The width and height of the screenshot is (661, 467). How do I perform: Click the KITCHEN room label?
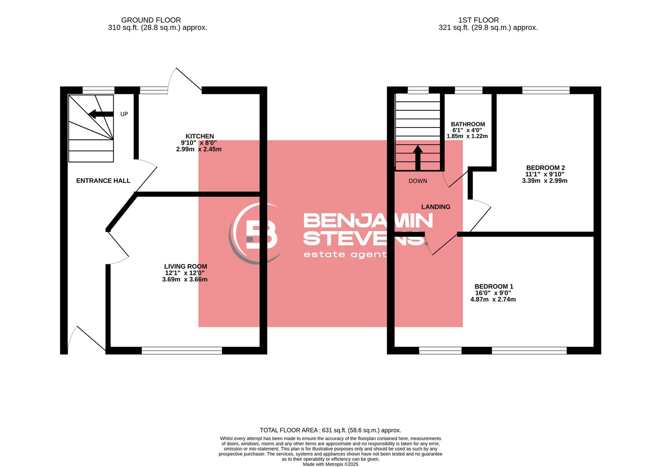pos(199,136)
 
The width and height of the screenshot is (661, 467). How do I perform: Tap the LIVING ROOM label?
pos(185,266)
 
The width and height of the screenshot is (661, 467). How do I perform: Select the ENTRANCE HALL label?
pos(103,181)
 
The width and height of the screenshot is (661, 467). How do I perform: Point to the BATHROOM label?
pos(468,124)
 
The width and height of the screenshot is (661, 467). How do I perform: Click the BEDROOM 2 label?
pos(545,168)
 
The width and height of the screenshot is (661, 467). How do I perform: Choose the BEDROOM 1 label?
pos(494,286)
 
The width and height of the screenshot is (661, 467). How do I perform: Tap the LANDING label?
pos(436,207)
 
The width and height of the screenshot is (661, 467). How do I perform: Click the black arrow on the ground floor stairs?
pos(98,114)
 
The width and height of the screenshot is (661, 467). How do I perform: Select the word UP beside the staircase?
pos(124,114)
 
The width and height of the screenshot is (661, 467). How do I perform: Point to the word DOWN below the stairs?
pos(417,181)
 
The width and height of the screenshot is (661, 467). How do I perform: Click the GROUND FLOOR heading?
pos(151,20)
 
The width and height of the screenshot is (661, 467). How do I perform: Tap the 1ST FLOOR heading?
pos(478,20)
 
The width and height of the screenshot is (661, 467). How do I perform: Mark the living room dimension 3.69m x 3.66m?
pos(185,279)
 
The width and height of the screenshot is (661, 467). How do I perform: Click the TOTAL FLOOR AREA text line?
pos(330,430)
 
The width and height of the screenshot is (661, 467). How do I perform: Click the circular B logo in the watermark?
pos(256,233)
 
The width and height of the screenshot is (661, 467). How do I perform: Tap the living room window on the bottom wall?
pos(182,351)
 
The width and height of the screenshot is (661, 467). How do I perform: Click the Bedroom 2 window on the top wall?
pos(545,90)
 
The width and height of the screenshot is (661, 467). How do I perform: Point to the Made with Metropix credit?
pos(330,464)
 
